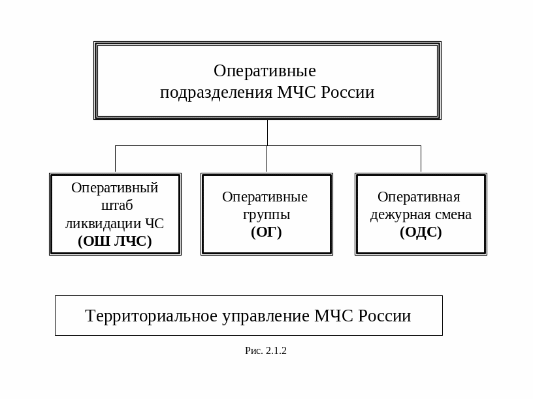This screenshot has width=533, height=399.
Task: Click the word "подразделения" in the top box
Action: tap(216, 93)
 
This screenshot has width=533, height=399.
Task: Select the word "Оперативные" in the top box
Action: tap(265, 70)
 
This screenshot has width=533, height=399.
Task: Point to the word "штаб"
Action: tap(118, 205)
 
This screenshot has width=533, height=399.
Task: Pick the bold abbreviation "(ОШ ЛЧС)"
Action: tap(115, 241)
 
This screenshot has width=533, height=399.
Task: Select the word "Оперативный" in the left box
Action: tap(115, 188)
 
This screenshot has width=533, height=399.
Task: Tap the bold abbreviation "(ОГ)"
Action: tap(266, 231)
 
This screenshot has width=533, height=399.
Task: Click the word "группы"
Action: tap(266, 214)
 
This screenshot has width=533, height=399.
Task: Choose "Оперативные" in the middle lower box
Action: tap(265, 196)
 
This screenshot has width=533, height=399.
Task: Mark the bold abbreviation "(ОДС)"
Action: tap(421, 231)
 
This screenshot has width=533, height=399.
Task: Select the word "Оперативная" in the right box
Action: tap(419, 196)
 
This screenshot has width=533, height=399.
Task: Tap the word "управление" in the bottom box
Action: tap(266, 316)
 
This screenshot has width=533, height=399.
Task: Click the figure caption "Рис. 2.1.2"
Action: tap(266, 351)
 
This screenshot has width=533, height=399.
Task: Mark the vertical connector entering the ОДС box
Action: tap(421, 158)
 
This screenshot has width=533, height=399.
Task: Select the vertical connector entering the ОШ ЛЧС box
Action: tap(115, 158)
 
